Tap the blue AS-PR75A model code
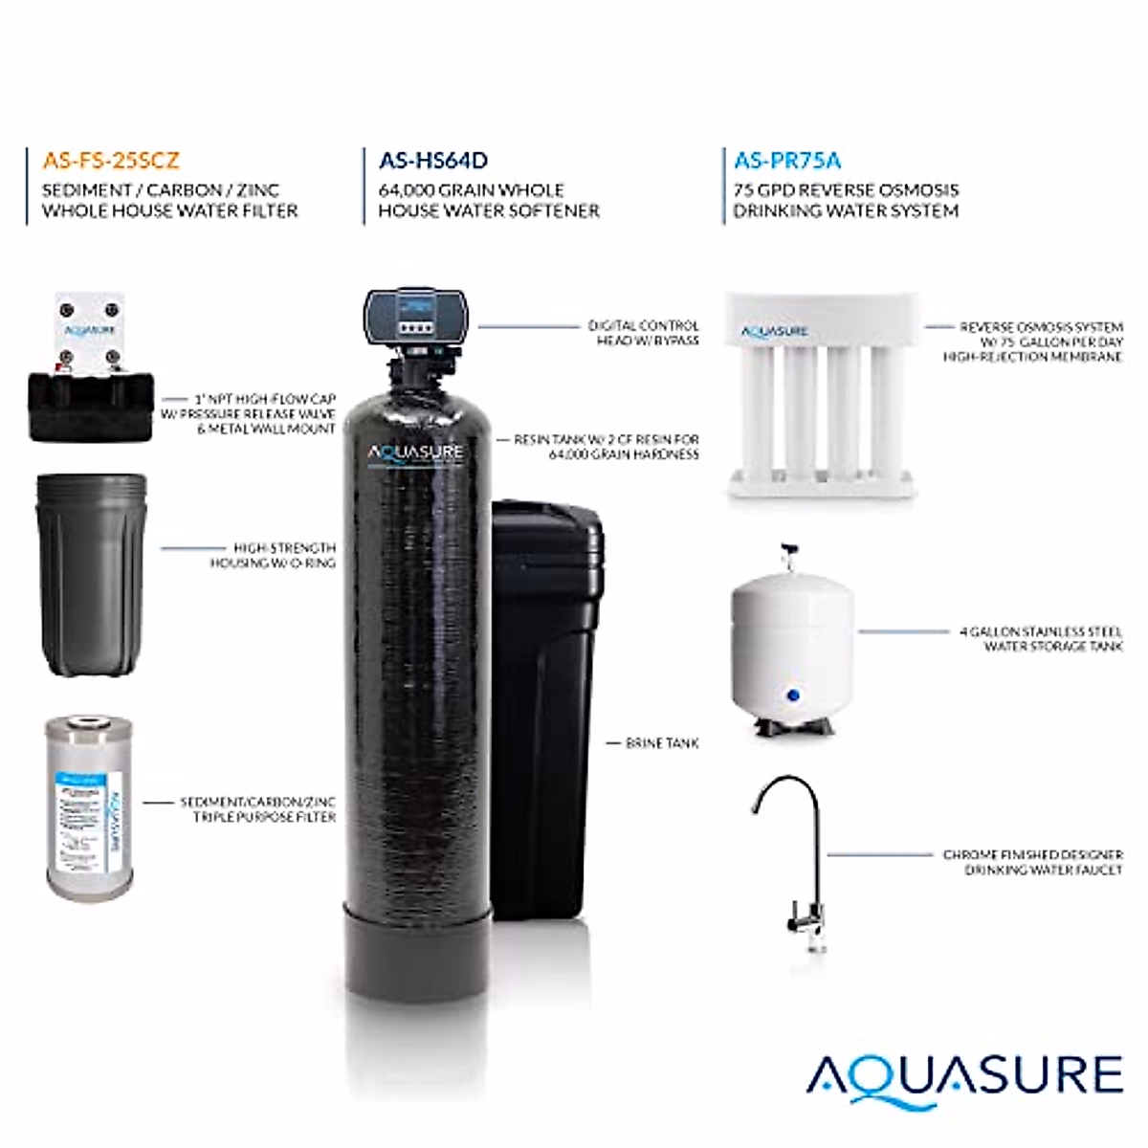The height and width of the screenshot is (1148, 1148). click(x=788, y=161)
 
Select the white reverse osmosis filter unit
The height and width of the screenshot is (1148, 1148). click(x=820, y=397)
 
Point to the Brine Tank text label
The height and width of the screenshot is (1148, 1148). click(x=662, y=742)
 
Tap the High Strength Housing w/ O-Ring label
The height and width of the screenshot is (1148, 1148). click(x=273, y=555)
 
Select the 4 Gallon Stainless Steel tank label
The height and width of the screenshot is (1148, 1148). click(x=1040, y=639)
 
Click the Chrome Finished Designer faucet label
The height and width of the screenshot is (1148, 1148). click(x=1033, y=862)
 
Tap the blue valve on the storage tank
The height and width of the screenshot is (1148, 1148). click(x=790, y=695)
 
